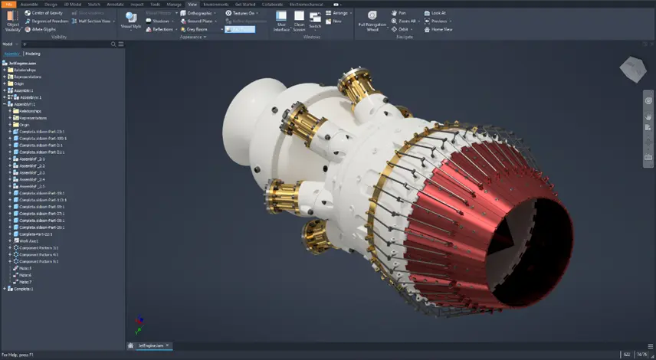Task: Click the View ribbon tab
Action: tap(192, 4)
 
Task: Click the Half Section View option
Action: tap(95, 21)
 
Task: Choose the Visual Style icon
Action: tap(131, 20)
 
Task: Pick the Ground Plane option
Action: tap(198, 21)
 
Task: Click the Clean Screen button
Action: tap(300, 20)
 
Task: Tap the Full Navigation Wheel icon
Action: tap(372, 20)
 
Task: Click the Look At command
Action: tap(438, 13)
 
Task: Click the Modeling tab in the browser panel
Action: tap(33, 54)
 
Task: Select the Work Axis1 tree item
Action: tap(29, 241)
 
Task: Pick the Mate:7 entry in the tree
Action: tap(25, 282)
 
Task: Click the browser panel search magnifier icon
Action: tap(113, 44)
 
